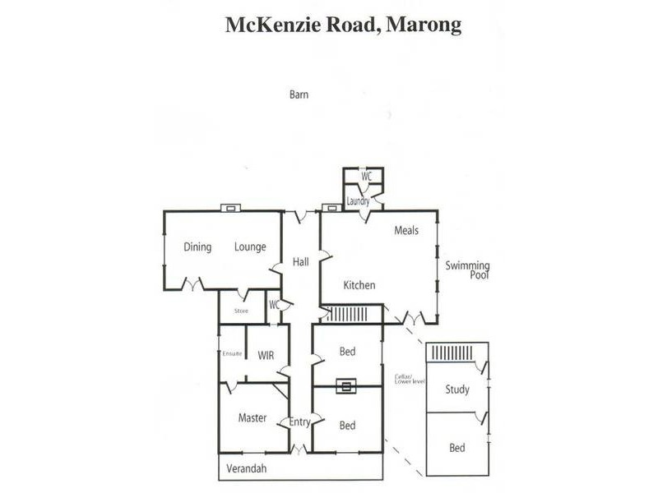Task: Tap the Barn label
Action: (299, 94)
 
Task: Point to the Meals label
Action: (406, 231)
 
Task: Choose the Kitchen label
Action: (359, 285)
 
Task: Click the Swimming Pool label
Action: (467, 270)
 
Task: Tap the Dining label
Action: (197, 246)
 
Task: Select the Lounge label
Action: (249, 246)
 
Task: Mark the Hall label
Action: (300, 262)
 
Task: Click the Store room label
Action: (241, 311)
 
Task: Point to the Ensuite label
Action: (232, 353)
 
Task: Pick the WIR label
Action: (266, 355)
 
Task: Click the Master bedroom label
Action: (253, 417)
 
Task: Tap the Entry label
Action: (299, 422)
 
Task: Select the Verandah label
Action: (248, 468)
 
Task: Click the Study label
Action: (457, 389)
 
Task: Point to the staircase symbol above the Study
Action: (452, 352)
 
